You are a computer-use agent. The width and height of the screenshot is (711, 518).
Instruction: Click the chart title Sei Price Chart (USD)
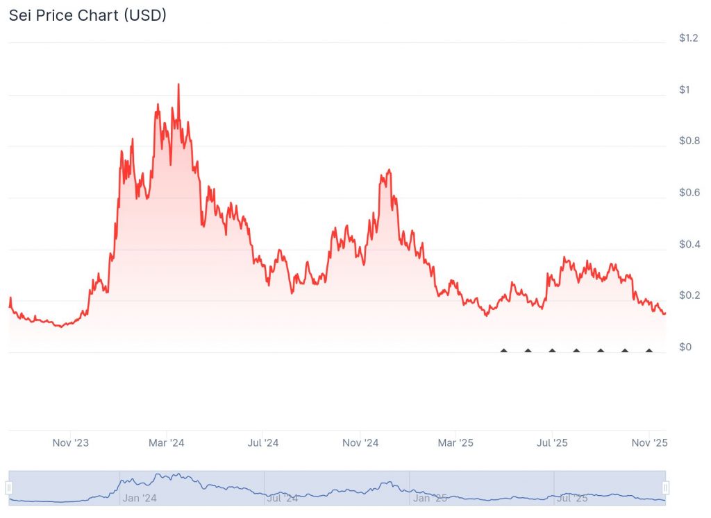point(87,15)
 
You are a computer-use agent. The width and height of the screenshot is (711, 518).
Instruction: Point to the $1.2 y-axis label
point(689,38)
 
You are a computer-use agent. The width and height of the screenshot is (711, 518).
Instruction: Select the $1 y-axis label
point(685,89)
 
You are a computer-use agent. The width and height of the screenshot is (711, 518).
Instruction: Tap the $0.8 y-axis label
point(689,141)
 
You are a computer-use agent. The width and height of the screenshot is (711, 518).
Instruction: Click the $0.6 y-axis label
point(689,193)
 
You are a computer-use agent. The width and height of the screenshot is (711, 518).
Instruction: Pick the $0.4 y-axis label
point(689,244)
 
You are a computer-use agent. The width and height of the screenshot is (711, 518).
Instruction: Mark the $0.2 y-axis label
point(689,295)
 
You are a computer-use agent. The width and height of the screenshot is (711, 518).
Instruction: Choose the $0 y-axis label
point(685,347)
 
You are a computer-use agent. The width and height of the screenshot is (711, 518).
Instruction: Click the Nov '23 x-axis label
point(71,442)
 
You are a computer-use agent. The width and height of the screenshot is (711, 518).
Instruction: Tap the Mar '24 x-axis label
point(167,442)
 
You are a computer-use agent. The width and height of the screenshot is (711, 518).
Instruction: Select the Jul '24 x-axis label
point(263,442)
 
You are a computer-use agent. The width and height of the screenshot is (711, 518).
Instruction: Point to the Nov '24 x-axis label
point(360,442)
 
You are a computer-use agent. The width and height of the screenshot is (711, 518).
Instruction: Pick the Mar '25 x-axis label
point(456,442)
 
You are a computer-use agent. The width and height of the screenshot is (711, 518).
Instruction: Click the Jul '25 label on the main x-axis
point(552,442)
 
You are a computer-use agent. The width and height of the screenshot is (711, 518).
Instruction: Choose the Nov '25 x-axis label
point(649,442)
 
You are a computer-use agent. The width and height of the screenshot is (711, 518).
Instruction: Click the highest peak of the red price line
point(178,85)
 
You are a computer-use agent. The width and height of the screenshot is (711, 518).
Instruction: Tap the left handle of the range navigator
point(9,487)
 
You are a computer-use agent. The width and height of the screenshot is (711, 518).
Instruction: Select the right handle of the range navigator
point(666,487)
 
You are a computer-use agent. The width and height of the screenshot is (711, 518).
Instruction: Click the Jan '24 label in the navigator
point(140,498)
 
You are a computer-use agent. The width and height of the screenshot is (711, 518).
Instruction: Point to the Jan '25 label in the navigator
point(430,498)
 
